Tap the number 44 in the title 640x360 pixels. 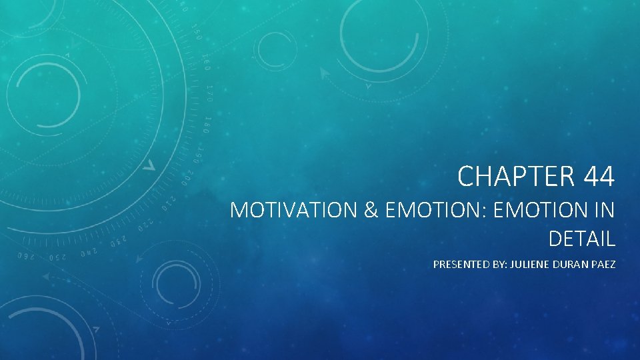click(x=599, y=177)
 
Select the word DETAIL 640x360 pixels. click(x=581, y=237)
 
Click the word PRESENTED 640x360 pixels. click(x=459, y=265)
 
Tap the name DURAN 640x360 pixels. click(x=569, y=265)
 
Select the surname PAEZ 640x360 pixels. click(x=603, y=265)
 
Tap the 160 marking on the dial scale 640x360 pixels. click(x=205, y=63)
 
